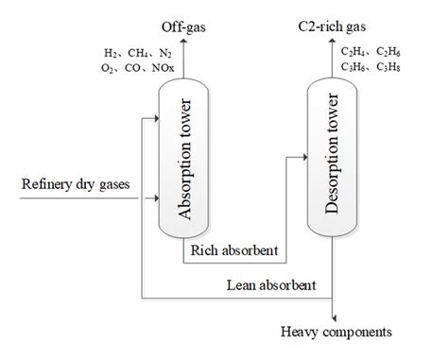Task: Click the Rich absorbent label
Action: point(233,250)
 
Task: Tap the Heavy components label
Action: point(335,332)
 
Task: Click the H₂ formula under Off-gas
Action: point(112,54)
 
